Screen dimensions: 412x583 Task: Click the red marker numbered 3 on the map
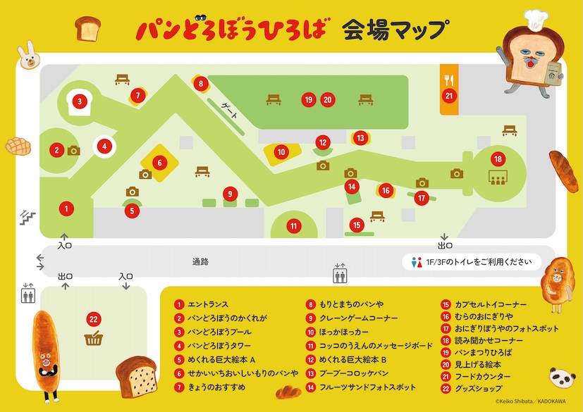(x=80, y=101)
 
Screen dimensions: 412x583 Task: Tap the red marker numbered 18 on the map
(x=497, y=158)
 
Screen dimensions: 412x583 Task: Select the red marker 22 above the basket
(x=93, y=319)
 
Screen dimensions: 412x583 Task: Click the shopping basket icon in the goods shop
(x=93, y=339)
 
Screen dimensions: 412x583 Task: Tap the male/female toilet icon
(x=417, y=262)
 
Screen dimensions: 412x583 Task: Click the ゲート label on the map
(x=230, y=111)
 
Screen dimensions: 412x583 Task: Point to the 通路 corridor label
(x=200, y=262)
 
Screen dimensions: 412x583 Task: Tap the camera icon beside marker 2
(x=74, y=150)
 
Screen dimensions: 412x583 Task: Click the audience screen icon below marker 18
(x=497, y=177)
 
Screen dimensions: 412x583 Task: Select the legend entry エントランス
(x=207, y=305)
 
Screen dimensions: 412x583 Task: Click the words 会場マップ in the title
(x=394, y=29)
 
